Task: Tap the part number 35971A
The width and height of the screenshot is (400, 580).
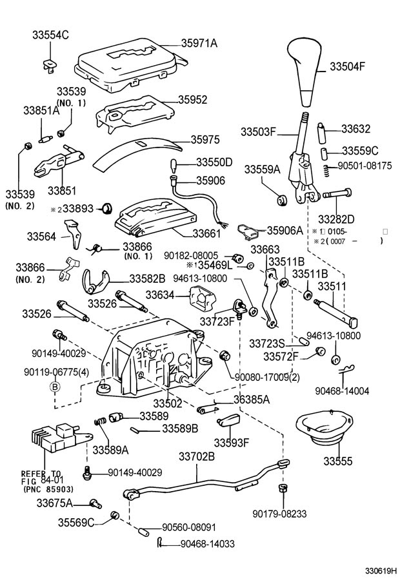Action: (x=199, y=43)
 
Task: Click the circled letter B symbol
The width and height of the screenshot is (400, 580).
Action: (x=55, y=387)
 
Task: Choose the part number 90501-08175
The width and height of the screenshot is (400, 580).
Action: (x=366, y=166)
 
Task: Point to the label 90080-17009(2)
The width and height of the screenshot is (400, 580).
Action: (x=267, y=376)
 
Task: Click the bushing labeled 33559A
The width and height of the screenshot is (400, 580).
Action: (x=282, y=199)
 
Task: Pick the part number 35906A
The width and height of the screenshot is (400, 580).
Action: (x=285, y=230)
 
